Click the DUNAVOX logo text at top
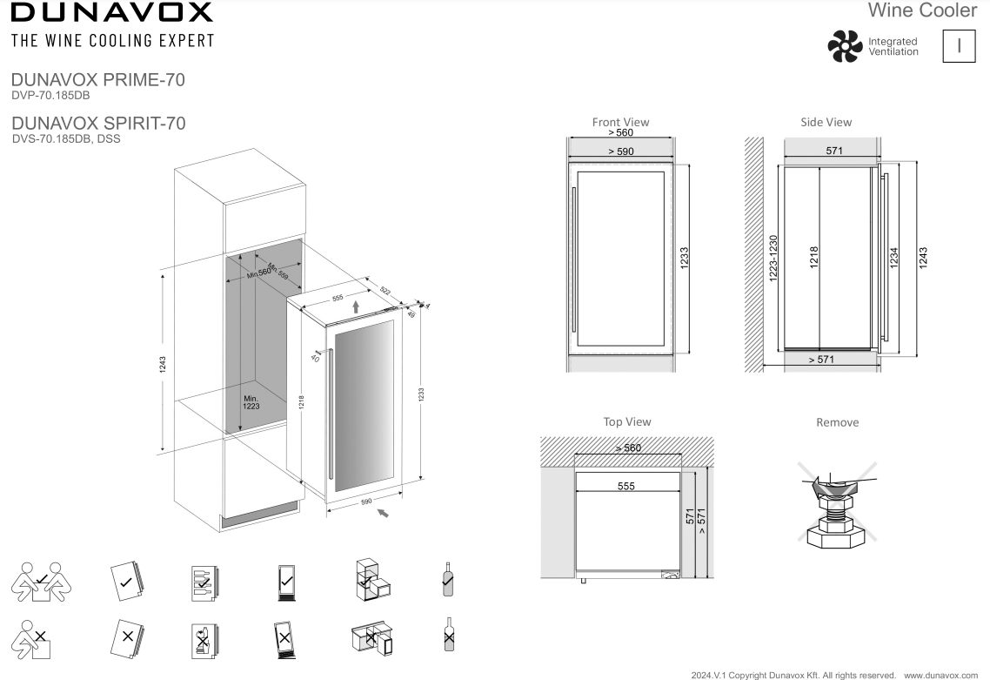pyautogui.click(x=110, y=12)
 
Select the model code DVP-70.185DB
pyautogui.click(x=52, y=95)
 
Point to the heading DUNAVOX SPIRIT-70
pyautogui.click(x=97, y=123)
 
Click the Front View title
pyautogui.click(x=620, y=122)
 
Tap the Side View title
pyautogui.click(x=826, y=122)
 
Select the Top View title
pyautogui.click(x=626, y=421)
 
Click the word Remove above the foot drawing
pyautogui.click(x=837, y=422)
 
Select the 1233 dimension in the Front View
pyautogui.click(x=684, y=259)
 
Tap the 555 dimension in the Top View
pyautogui.click(x=625, y=487)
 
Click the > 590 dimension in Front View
pyautogui.click(x=621, y=151)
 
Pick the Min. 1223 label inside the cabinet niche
pyautogui.click(x=251, y=401)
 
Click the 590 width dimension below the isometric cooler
pyautogui.click(x=366, y=502)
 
